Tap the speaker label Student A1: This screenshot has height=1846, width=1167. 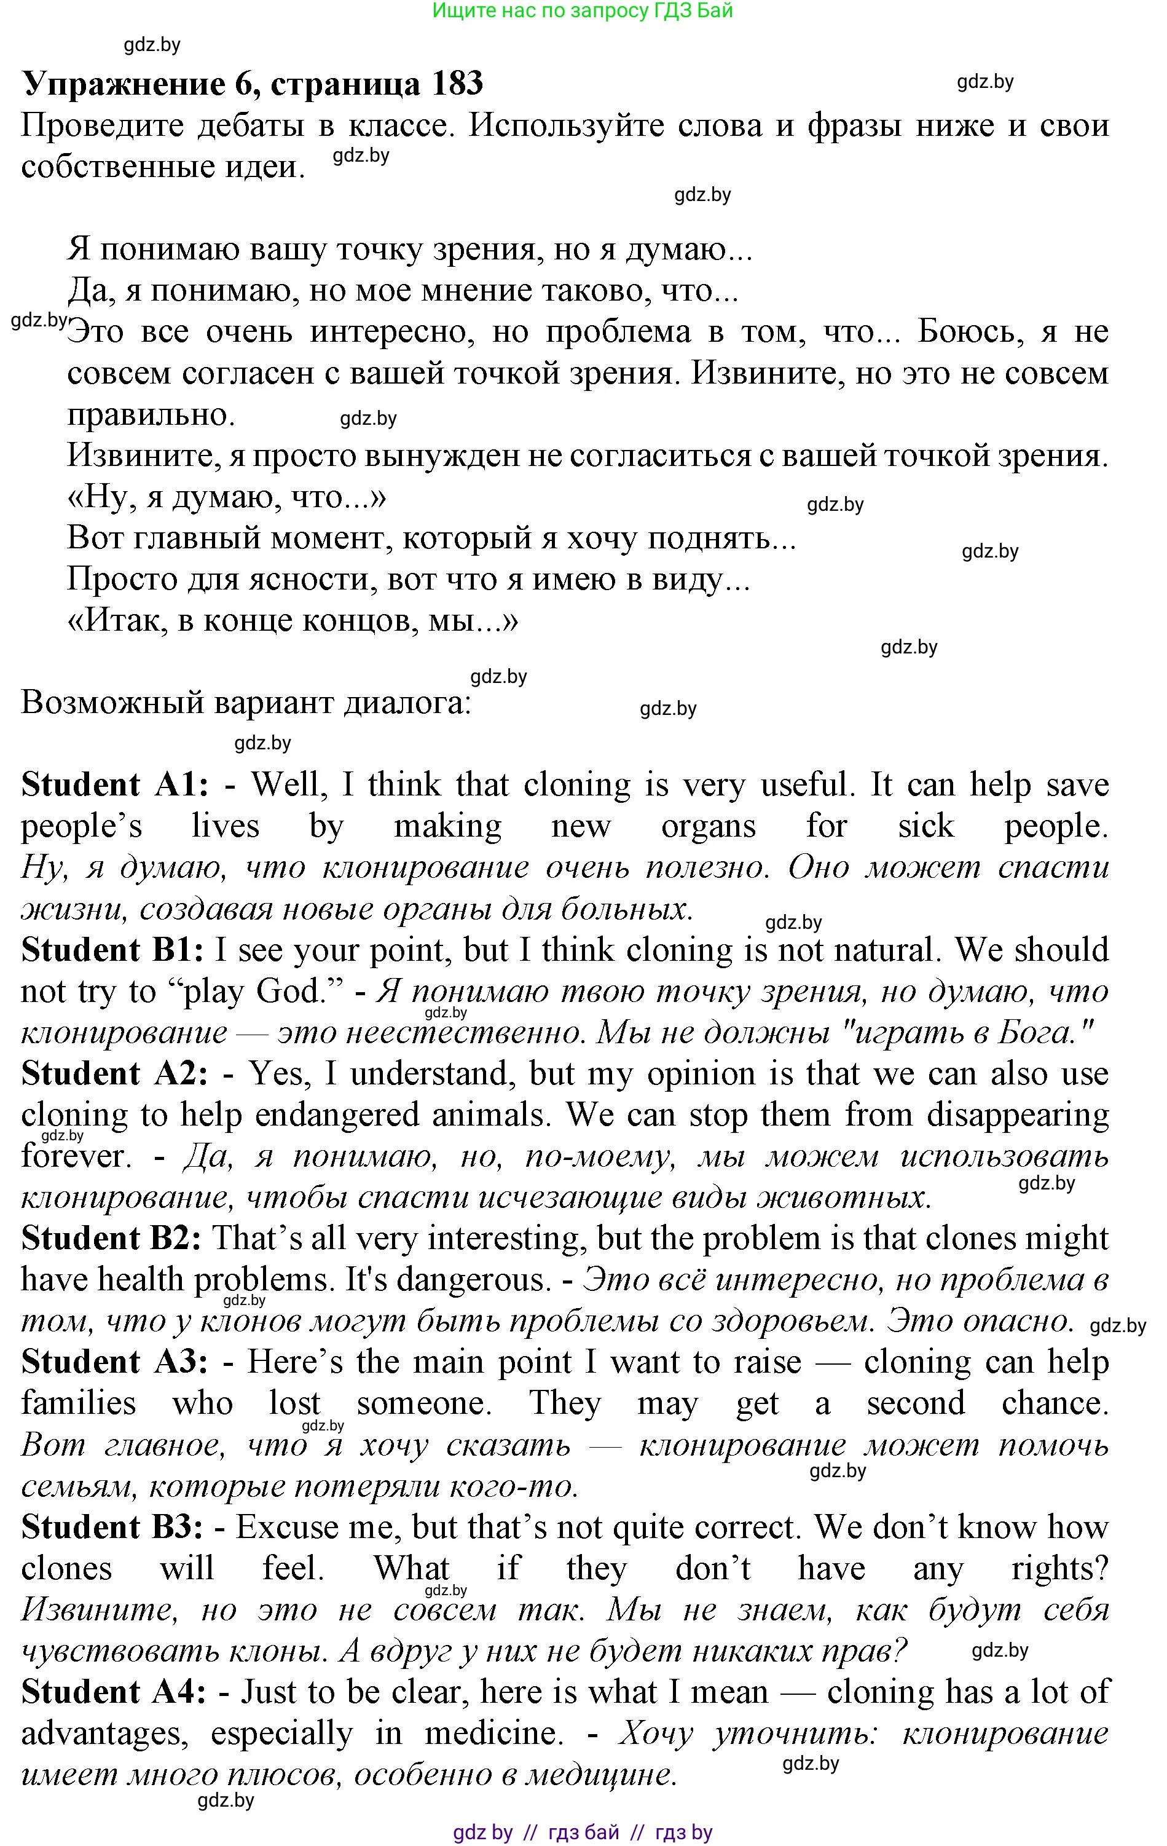114,784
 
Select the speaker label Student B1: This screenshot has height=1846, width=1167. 112,950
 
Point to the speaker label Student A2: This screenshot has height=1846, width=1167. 114,1073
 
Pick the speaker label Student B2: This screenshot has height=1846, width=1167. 111,1238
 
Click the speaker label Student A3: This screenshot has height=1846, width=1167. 114,1362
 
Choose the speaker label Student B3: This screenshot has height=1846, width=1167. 112,1527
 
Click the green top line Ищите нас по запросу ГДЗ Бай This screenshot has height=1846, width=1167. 583,10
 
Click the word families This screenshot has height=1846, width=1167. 78,1403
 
